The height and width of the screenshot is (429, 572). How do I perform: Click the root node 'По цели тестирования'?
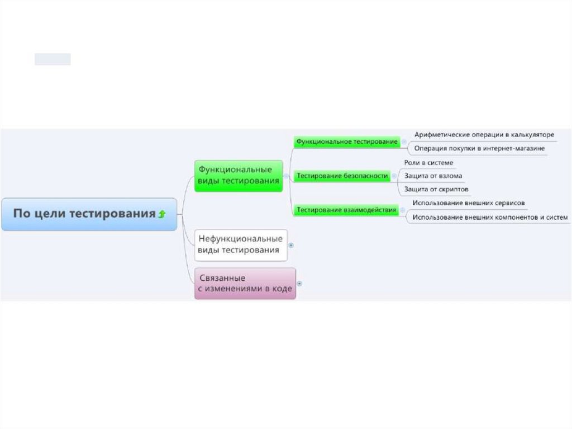pos(84,214)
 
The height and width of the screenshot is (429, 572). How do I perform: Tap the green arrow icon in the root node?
pos(162,214)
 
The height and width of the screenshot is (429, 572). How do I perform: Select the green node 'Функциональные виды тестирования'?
pos(239,175)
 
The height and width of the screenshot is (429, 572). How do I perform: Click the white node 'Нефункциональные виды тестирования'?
pos(241,244)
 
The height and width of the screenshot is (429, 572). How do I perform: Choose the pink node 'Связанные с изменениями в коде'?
pos(245,283)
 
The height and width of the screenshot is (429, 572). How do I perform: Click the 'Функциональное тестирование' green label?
pos(347,142)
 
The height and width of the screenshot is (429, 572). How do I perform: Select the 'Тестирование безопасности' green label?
pos(342,176)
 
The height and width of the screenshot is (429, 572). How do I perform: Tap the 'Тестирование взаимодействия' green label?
pos(346,210)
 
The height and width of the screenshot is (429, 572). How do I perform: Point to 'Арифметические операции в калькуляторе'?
pos(484,135)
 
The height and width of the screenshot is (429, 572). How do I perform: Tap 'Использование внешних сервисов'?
pos(468,203)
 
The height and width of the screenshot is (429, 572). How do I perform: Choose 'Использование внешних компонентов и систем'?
pos(490,217)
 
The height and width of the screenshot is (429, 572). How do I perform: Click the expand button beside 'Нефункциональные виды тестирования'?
pos(290,245)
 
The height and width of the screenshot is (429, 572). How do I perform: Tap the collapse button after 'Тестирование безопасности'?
pos(393,176)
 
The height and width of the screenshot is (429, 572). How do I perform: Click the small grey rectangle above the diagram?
pos(53,59)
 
